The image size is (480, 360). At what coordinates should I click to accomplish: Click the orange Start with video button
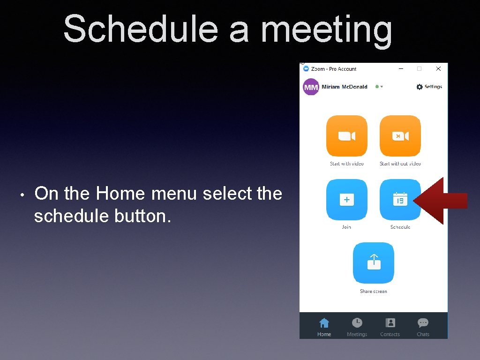tap(347, 136)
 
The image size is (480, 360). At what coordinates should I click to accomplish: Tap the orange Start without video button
tap(400, 136)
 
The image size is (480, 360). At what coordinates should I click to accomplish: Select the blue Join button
tap(347, 200)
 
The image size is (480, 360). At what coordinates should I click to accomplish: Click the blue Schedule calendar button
tap(400, 200)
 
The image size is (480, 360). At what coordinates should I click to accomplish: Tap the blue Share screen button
tap(374, 263)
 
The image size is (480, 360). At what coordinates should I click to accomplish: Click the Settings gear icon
tap(420, 87)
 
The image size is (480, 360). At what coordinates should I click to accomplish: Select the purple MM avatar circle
tap(311, 87)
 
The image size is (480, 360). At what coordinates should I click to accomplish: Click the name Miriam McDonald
tap(345, 87)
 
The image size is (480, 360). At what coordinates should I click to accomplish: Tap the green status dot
tap(377, 87)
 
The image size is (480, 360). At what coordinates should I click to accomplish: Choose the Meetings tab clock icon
tap(357, 323)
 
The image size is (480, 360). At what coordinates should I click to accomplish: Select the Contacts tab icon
tap(390, 323)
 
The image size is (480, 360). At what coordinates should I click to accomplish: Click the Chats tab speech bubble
tap(423, 323)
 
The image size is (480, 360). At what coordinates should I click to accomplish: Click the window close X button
tap(438, 69)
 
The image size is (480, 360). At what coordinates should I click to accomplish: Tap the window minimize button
tap(401, 69)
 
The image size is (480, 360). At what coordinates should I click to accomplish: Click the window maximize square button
tap(420, 69)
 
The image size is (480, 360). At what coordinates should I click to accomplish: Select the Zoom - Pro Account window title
tap(334, 69)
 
